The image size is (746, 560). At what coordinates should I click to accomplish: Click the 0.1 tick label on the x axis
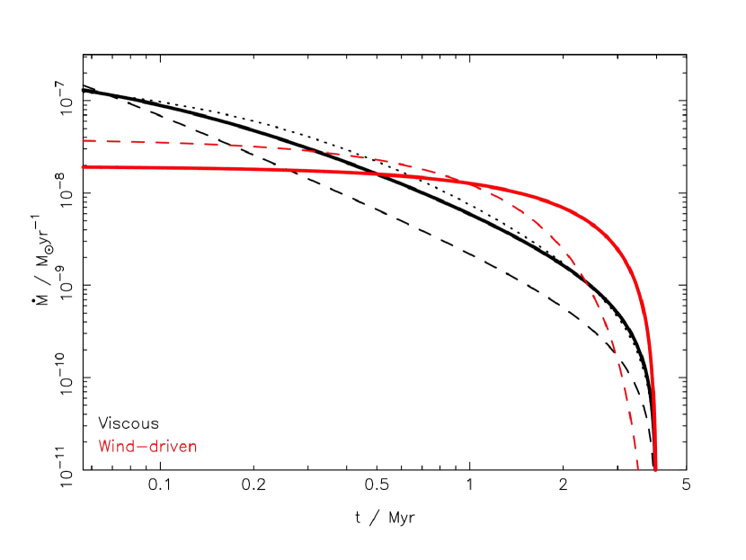tap(160, 486)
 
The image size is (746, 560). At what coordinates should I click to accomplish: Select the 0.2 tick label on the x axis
tap(254, 486)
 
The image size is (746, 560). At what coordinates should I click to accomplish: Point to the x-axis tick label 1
tap(470, 486)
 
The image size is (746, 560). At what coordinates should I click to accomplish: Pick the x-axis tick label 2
tap(564, 486)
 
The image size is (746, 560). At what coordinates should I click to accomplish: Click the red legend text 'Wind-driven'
tap(147, 446)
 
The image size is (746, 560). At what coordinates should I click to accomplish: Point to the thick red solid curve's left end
tap(83, 167)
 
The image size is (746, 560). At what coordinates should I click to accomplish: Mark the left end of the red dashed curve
tap(83, 140)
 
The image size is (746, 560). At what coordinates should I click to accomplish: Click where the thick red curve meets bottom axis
tap(655, 468)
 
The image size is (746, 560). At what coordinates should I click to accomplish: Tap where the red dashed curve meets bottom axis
tap(637, 468)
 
